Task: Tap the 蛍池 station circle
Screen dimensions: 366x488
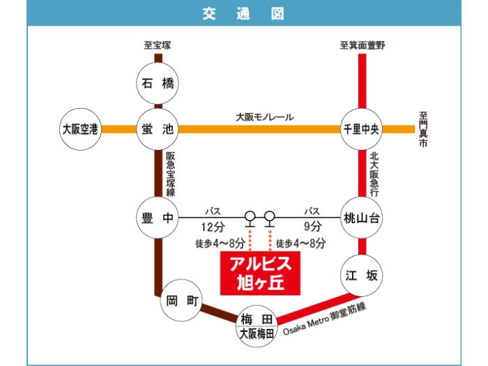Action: tap(157, 129)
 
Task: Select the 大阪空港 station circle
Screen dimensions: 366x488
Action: tap(81, 129)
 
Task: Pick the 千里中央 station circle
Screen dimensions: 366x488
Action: tap(361, 129)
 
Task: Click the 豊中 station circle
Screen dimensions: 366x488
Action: tap(157, 218)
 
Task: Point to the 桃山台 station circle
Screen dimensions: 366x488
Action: tap(361, 218)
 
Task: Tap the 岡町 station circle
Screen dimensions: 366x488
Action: tap(184, 301)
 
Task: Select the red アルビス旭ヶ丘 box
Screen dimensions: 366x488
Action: tap(260, 274)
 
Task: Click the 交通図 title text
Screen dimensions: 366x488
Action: tap(243, 13)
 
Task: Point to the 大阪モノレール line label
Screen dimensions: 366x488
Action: tap(264, 117)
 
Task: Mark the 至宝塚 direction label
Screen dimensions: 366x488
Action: tap(157, 45)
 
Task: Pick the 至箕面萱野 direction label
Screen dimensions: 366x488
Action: tap(362, 45)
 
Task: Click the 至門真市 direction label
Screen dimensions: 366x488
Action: tap(423, 129)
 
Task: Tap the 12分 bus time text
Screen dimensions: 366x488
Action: tap(212, 226)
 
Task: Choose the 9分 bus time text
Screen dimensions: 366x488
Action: tap(312, 226)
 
